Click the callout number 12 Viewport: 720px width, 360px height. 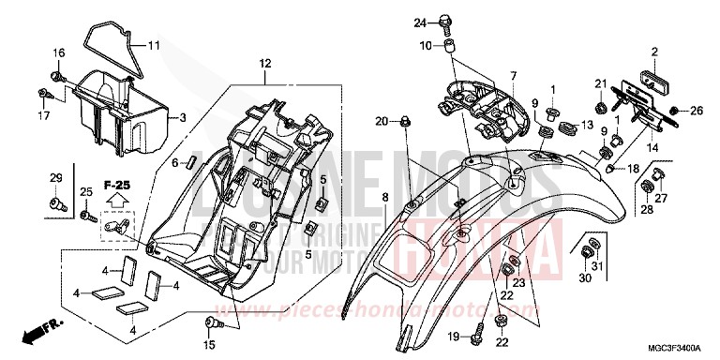coord(264,63)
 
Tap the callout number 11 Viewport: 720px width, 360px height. coord(154,44)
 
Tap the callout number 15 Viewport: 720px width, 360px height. coord(208,334)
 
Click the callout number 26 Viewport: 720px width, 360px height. coord(697,112)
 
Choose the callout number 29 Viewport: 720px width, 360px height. coord(54,178)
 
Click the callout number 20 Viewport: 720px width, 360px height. coord(382,120)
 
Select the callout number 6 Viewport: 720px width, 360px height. coord(172,161)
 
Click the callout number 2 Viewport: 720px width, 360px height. coord(655,51)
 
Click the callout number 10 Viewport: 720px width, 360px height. coord(426,45)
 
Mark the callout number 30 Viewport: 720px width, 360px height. coord(584,277)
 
